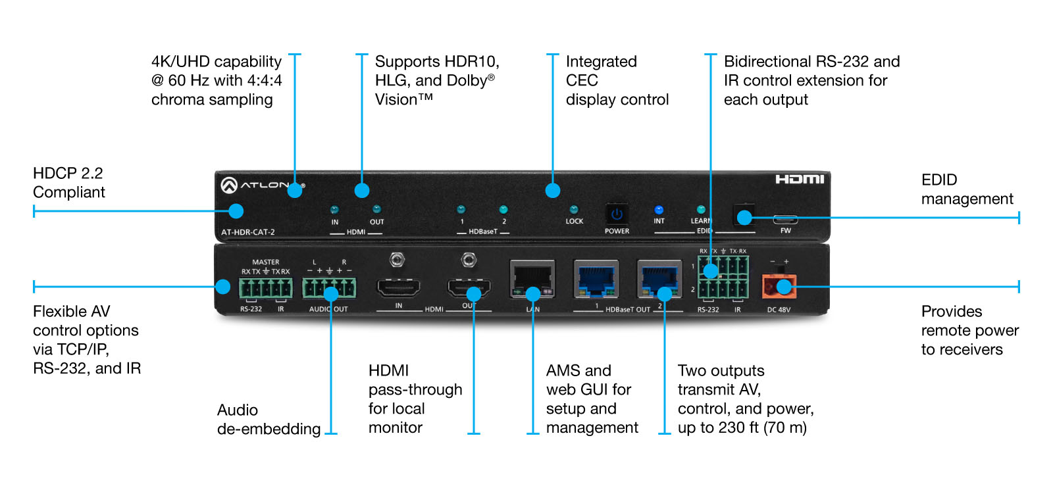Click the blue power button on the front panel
pos(617,214)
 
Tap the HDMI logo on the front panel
pos(800,179)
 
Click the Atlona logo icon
pos(229,185)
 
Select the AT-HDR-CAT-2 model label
pos(247,232)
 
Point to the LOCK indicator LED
pos(573,210)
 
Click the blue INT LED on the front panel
pos(659,210)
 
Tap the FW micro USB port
pos(786,219)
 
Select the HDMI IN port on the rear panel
pos(398,287)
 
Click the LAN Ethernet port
pos(532,280)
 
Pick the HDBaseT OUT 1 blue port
pos(596,280)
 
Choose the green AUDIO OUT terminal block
pos(329,287)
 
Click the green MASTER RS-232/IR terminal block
pos(266,287)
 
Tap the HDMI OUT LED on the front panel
pos(376,210)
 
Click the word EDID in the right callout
pos(939,180)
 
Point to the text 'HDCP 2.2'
pos(68,174)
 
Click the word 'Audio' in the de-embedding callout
pos(238,410)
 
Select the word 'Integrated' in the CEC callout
pos(602,62)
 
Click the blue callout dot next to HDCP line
pos(236,211)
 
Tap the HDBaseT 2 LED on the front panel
pos(503,210)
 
